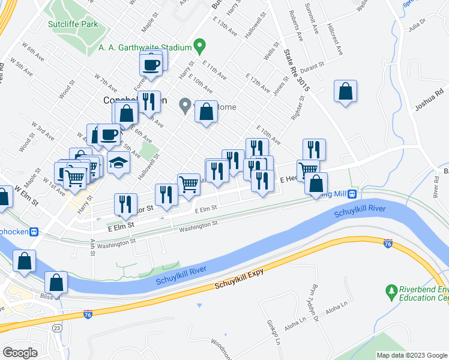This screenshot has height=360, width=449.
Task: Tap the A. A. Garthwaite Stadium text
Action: tap(141, 47)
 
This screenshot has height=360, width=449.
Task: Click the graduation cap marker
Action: tap(118, 163)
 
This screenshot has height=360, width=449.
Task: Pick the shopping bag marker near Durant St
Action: tap(345, 92)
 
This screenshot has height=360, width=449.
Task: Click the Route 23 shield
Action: tap(56, 328)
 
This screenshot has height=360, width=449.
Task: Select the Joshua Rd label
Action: tap(430, 100)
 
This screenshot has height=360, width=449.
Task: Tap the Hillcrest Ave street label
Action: tap(336, 40)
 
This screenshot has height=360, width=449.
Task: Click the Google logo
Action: tap(20, 353)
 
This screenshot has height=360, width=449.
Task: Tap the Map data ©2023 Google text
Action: tap(412, 355)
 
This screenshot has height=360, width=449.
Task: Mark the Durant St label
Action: tap(312, 67)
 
